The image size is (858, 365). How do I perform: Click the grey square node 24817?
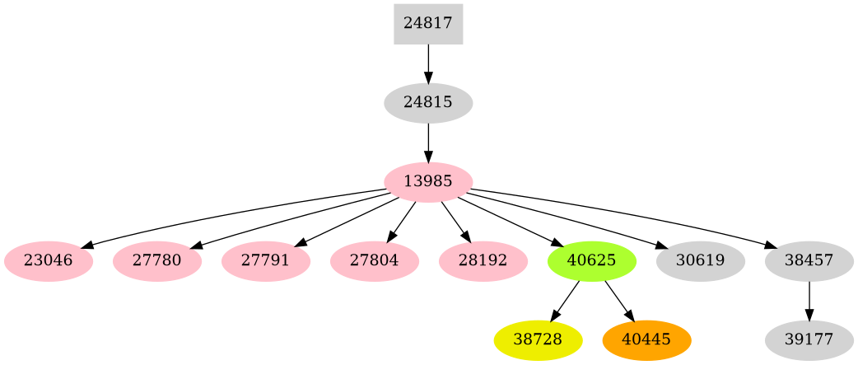pyautogui.click(x=428, y=24)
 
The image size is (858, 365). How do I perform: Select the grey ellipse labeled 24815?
pyautogui.click(x=428, y=103)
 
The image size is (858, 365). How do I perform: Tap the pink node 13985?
pyautogui.click(x=428, y=182)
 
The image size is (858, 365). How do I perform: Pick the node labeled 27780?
pyautogui.click(x=157, y=261)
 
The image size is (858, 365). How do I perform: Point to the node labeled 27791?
pyautogui.click(x=266, y=261)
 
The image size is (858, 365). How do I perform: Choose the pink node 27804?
pyautogui.click(x=375, y=261)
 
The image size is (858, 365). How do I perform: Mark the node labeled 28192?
pyautogui.click(x=483, y=261)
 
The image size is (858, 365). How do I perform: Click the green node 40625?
pyautogui.click(x=592, y=261)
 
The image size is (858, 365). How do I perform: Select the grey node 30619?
pyautogui.click(x=701, y=261)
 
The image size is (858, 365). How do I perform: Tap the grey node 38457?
pyautogui.click(x=809, y=261)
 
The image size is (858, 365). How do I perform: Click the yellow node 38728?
pyautogui.click(x=538, y=340)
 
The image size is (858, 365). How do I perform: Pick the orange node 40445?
pyautogui.click(x=646, y=340)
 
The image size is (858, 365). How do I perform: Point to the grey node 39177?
pyautogui.click(x=809, y=340)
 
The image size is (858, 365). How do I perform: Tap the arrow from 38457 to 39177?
pyautogui.click(x=809, y=301)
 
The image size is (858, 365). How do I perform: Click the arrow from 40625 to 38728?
pyautogui.click(x=566, y=300)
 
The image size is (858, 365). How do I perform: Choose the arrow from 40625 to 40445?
pyautogui.click(x=618, y=300)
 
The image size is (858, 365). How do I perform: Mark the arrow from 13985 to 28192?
pyautogui.click(x=455, y=221)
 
